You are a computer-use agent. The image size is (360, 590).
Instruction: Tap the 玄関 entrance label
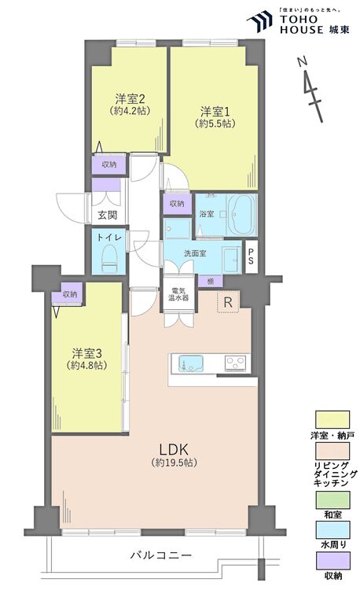click(x=107, y=215)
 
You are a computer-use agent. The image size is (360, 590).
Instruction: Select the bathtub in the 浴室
click(x=239, y=212)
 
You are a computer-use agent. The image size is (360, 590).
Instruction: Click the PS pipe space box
click(x=251, y=257)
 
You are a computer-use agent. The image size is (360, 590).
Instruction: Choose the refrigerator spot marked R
click(x=228, y=302)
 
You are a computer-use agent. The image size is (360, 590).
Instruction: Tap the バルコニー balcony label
click(x=160, y=555)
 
